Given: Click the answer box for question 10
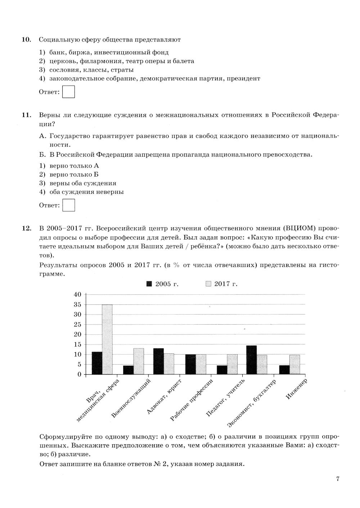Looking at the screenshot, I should (68, 92).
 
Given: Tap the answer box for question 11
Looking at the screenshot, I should (68, 205).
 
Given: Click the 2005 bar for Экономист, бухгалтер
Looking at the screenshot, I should (251, 360).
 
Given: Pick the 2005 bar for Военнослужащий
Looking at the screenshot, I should (128, 370).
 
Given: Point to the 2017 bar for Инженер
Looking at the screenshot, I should (294, 365).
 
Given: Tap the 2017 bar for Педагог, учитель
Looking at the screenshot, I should (232, 364).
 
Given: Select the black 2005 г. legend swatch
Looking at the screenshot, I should (149, 284).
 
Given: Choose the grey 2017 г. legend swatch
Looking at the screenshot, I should (208, 284).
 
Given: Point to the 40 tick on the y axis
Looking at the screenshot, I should (77, 294).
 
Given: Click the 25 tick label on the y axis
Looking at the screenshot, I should (77, 324).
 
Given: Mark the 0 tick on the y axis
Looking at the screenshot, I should (79, 374).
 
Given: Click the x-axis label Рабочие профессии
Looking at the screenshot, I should (192, 400).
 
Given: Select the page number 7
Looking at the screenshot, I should (337, 479).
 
